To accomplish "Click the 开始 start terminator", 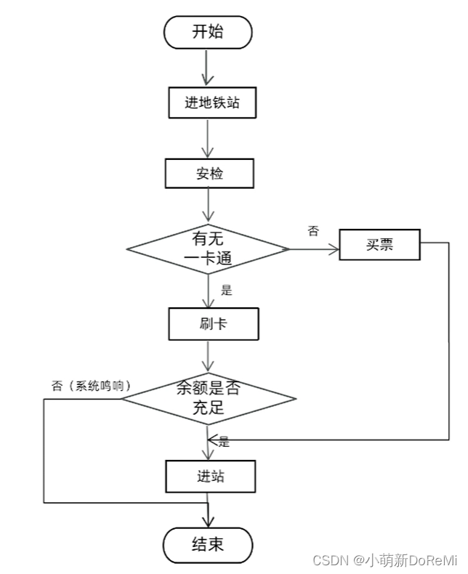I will [x=209, y=32].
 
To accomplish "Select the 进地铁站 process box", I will [x=211, y=103].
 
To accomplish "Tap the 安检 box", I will [x=209, y=173].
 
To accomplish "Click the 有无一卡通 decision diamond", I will [x=209, y=249].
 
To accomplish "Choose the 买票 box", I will [x=380, y=245].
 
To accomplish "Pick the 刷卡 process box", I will [x=214, y=324].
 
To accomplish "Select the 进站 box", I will [x=210, y=477].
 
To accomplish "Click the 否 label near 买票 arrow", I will [x=313, y=231].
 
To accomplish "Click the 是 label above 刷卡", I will [x=226, y=290].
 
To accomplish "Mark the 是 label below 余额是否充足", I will [x=224, y=441].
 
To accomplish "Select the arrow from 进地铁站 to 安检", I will [x=209, y=137].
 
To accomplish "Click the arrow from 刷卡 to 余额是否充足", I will [x=209, y=357].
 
